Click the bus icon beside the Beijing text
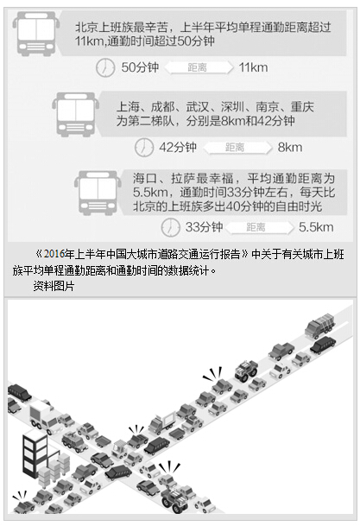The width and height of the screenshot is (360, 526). pos(36,34)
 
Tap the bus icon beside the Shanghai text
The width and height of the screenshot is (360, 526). pos(75,114)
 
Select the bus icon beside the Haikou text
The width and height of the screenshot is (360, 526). pos(98,193)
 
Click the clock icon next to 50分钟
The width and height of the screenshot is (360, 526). pos(105,67)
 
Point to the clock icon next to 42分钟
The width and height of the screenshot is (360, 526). pos(143,148)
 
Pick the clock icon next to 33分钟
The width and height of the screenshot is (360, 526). pos(170,227)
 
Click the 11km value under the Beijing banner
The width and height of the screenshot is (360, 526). pos(254,67)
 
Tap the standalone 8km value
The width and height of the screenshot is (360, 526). pos(290,148)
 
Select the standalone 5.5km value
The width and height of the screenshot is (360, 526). pos(316,227)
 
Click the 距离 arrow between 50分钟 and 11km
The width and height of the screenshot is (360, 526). pos(198,67)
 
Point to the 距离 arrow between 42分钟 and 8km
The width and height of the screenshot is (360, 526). pos(237,148)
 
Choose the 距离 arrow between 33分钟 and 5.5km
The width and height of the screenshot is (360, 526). pos(258,227)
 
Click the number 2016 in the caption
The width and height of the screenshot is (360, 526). pos(54,254)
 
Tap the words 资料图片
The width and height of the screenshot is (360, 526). pos(54,286)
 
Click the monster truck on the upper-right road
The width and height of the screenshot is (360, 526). pos(246,371)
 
